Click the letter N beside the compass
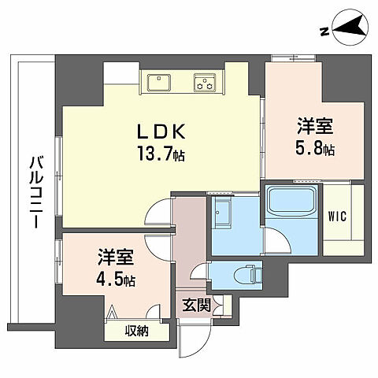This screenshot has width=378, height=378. click(324, 32)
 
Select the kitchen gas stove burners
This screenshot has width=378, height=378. click(206, 80)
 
